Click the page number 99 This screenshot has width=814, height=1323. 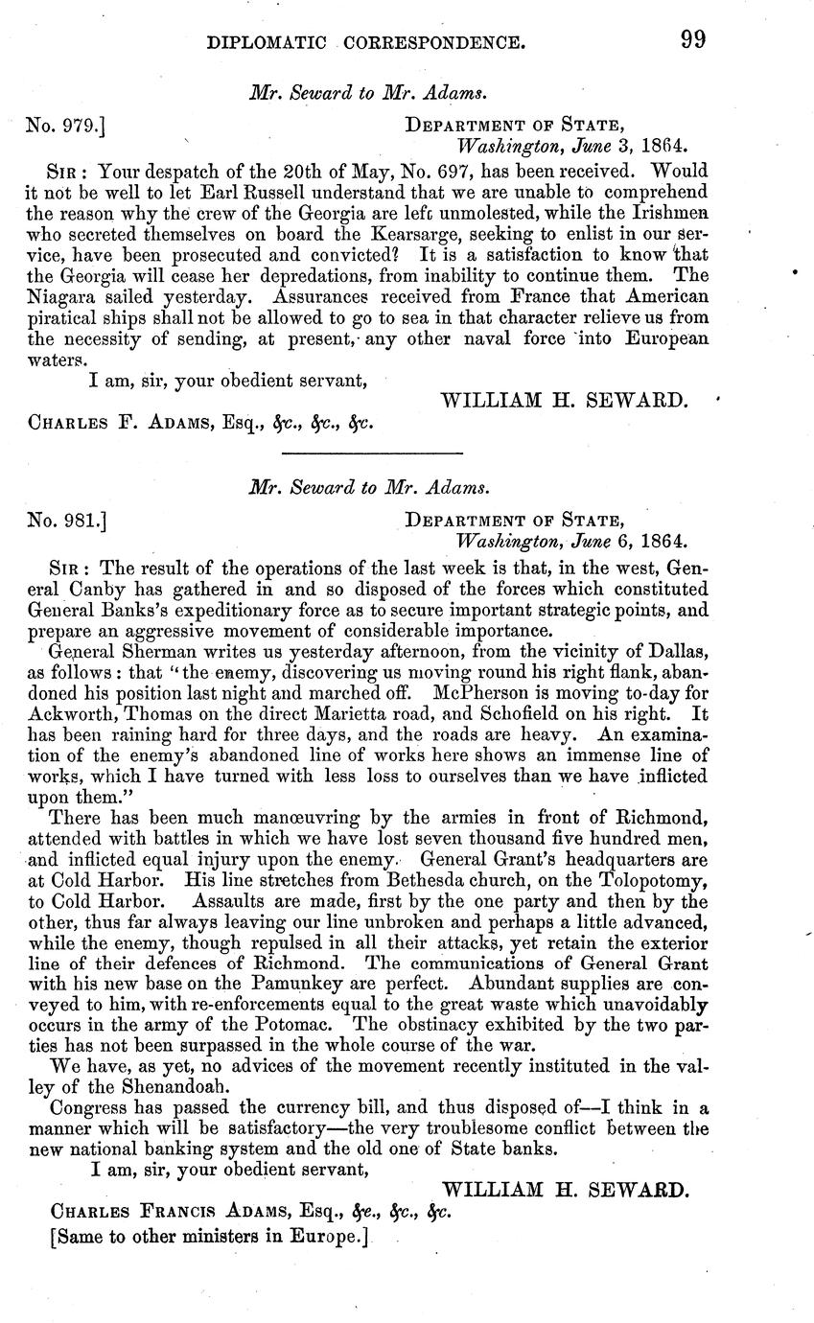pos(692,40)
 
